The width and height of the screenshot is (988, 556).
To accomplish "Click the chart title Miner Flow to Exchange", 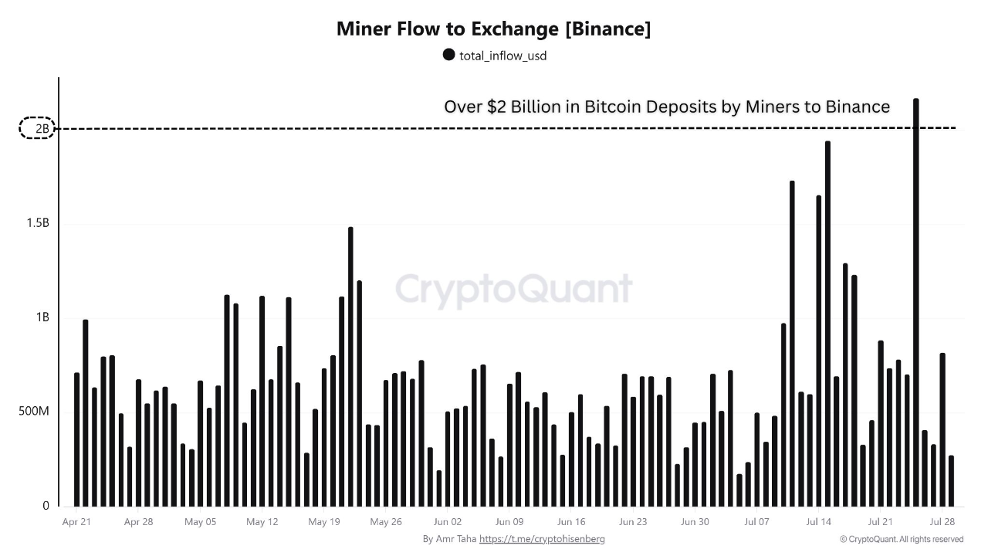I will tap(493, 29).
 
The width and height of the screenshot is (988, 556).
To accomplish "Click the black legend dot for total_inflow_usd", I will tap(448, 54).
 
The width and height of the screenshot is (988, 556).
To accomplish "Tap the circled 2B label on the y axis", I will tap(37, 128).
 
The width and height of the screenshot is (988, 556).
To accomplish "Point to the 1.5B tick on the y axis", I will tap(37, 223).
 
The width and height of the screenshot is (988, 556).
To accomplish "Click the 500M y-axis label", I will tap(33, 412).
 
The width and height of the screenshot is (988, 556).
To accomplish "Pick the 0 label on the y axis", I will tap(46, 506).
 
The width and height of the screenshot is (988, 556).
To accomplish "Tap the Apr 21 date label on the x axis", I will tap(76, 522).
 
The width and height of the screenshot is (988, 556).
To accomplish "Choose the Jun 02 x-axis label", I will tap(447, 522).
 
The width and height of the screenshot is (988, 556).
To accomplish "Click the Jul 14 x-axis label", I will tap(818, 522).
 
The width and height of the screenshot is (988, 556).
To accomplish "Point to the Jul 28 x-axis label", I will tap(942, 522).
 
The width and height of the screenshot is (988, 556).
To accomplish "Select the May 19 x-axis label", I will tap(323, 522).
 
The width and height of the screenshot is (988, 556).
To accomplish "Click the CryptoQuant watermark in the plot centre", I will tap(513, 289).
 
